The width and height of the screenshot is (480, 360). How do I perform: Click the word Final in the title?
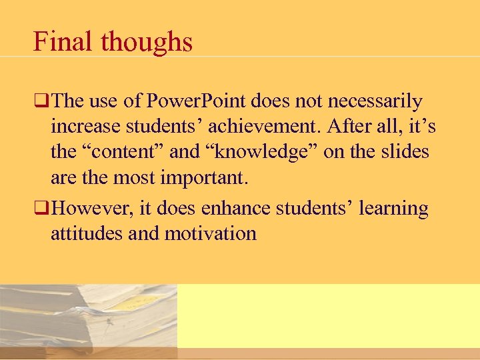(x=63, y=43)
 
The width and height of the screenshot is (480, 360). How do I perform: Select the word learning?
(x=393, y=208)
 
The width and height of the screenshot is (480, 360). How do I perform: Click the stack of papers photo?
(x=88, y=319)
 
